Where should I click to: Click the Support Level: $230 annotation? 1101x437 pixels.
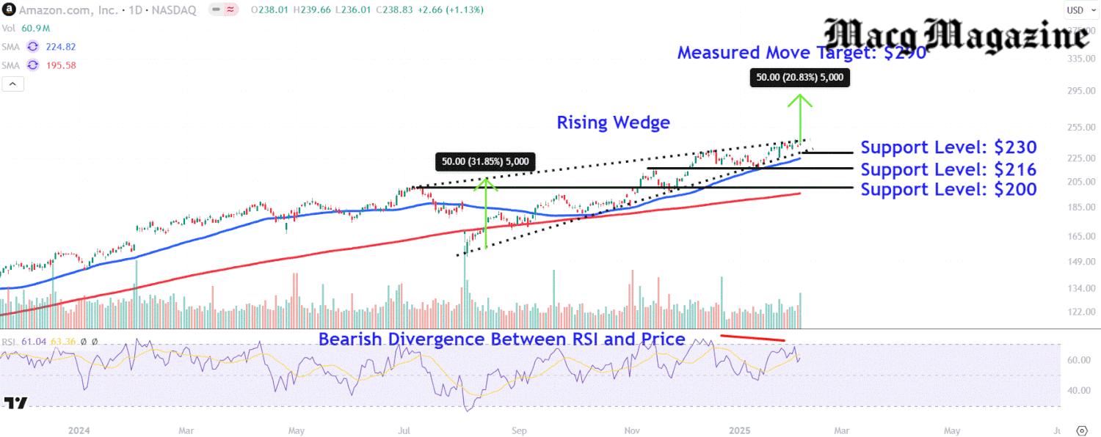click(948, 147)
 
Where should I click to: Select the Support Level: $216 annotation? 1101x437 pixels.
click(948, 169)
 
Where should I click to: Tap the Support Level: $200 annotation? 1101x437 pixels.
click(948, 189)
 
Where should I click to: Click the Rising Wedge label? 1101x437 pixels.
click(613, 122)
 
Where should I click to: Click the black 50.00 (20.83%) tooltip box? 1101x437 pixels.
click(800, 77)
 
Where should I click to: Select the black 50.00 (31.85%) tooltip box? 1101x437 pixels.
click(485, 161)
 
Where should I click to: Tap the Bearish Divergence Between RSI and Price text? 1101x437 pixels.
click(501, 339)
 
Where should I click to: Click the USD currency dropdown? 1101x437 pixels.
click(1076, 10)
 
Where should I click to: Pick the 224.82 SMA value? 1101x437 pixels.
click(60, 46)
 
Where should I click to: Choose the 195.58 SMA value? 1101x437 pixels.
click(60, 65)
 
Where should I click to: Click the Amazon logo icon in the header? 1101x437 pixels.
click(7, 10)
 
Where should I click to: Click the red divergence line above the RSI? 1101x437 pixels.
click(752, 338)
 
